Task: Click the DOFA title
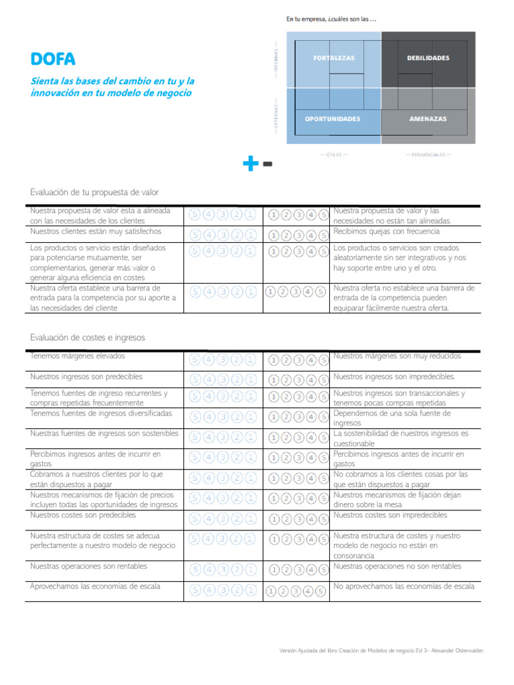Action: click(53, 60)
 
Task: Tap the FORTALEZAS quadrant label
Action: click(334, 58)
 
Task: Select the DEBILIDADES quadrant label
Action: click(428, 58)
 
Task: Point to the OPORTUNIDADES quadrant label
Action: click(333, 119)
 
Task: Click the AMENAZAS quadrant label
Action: click(428, 119)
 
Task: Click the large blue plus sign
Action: click(250, 163)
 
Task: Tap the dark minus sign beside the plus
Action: click(267, 163)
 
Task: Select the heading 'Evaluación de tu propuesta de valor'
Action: click(94, 192)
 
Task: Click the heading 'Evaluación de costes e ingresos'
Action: click(87, 338)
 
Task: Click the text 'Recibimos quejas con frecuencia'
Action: click(386, 231)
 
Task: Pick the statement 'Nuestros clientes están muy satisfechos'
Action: click(96, 231)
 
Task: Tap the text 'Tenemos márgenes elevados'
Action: click(78, 357)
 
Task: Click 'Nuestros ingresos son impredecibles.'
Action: click(394, 377)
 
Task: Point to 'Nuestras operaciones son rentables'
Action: click(88, 567)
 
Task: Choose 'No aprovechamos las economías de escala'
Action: click(404, 587)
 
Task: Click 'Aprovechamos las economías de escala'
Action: click(95, 587)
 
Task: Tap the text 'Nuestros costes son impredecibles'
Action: click(390, 516)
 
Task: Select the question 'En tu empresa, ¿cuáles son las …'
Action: click(331, 19)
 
